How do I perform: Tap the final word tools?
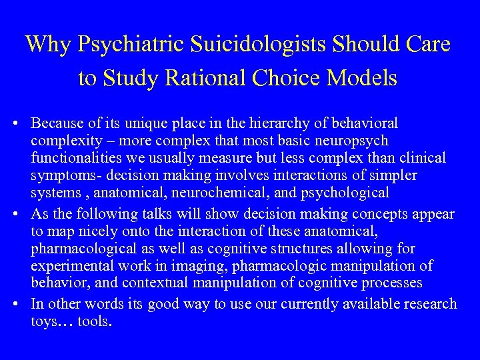point(96,323)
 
